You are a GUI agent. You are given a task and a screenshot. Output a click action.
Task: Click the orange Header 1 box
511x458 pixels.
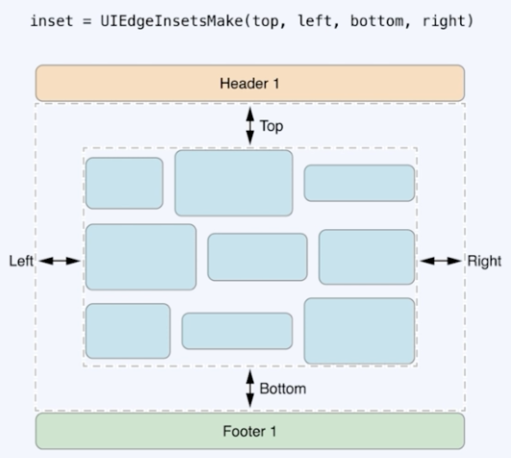tap(250, 83)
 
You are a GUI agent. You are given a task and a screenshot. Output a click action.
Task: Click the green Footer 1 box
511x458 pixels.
tap(250, 430)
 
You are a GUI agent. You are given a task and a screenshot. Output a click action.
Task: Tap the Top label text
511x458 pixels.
tap(271, 125)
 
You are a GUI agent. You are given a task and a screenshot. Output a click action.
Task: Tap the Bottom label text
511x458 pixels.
tap(282, 389)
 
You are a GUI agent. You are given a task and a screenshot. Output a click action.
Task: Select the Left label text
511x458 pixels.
tap(21, 261)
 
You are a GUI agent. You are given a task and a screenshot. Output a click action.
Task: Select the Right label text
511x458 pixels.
tap(483, 261)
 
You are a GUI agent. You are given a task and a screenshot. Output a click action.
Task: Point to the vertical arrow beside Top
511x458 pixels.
tap(250, 125)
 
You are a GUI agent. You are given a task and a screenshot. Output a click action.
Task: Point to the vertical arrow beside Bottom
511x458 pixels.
tap(250, 388)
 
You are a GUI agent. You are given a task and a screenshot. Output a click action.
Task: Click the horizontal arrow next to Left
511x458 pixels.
tap(60, 261)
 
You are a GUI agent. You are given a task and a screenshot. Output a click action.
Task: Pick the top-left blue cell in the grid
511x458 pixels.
tap(124, 183)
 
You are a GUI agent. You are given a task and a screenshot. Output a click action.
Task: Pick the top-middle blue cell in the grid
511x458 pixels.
tap(233, 183)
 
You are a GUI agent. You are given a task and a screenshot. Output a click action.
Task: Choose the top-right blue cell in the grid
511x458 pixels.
tap(359, 183)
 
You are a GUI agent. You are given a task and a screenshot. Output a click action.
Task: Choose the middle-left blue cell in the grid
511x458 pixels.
tap(141, 257)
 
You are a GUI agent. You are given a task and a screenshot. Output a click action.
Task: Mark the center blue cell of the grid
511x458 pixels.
tap(257, 257)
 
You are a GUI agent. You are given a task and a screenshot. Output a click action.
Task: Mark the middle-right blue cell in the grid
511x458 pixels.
tap(366, 257)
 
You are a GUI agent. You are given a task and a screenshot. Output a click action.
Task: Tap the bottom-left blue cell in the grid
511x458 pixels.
tap(128, 331)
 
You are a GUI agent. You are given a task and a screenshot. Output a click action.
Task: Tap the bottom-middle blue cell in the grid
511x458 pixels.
tap(237, 331)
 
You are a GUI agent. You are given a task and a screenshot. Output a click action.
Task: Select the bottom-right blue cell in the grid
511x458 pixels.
tap(359, 331)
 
